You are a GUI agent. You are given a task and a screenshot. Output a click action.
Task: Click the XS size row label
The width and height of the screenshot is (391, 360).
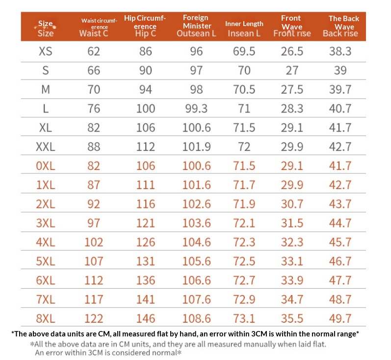(x=45, y=51)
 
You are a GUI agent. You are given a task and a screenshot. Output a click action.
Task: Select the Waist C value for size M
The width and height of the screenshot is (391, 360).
(x=93, y=89)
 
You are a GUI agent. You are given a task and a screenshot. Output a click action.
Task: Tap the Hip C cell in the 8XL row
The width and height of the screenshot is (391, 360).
(x=146, y=318)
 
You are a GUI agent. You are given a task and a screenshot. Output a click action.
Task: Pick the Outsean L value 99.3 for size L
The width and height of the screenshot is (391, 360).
(x=196, y=108)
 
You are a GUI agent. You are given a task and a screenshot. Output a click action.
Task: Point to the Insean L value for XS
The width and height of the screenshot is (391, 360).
(x=244, y=51)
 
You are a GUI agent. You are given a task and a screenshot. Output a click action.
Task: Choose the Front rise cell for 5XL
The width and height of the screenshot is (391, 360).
(x=292, y=261)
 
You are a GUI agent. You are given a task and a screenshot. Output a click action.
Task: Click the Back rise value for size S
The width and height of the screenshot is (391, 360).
(x=340, y=70)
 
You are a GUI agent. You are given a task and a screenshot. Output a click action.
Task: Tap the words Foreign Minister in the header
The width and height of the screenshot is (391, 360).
(x=196, y=22)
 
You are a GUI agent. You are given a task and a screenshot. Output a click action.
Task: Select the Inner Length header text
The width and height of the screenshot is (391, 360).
(x=244, y=24)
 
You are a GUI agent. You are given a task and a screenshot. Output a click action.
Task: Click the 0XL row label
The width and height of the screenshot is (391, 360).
(x=45, y=166)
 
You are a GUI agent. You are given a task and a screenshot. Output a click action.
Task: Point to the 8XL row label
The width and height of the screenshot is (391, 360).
(x=45, y=318)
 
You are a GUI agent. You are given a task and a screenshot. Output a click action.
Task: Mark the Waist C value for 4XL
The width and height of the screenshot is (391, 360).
(x=93, y=242)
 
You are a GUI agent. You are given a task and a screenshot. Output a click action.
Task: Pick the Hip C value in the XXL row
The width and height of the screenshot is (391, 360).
(x=146, y=146)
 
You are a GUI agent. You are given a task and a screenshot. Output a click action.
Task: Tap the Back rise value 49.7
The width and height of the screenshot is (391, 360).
(x=340, y=318)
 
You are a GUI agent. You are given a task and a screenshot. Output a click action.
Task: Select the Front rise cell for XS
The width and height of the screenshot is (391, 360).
(x=292, y=51)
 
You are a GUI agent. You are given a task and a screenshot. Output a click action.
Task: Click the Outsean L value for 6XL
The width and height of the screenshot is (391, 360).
(x=196, y=280)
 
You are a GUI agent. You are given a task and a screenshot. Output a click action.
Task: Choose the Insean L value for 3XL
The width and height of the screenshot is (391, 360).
(x=244, y=223)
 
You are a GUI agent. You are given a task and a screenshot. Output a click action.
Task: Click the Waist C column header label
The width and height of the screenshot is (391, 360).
(x=93, y=33)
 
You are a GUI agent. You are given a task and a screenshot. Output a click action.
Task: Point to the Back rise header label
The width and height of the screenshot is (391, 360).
(x=340, y=33)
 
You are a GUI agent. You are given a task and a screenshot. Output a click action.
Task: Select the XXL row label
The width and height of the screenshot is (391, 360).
(x=45, y=146)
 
